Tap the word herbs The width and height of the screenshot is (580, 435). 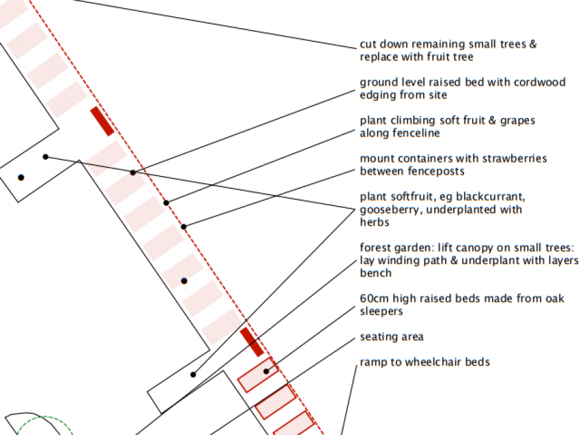point(375,222)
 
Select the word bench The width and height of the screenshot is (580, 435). point(375,273)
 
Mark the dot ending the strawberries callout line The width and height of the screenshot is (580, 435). point(184,226)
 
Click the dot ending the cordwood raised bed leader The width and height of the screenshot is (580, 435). point(133,173)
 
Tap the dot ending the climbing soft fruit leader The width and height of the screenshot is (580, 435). point(166,203)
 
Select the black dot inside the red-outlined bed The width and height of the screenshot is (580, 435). point(267,371)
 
